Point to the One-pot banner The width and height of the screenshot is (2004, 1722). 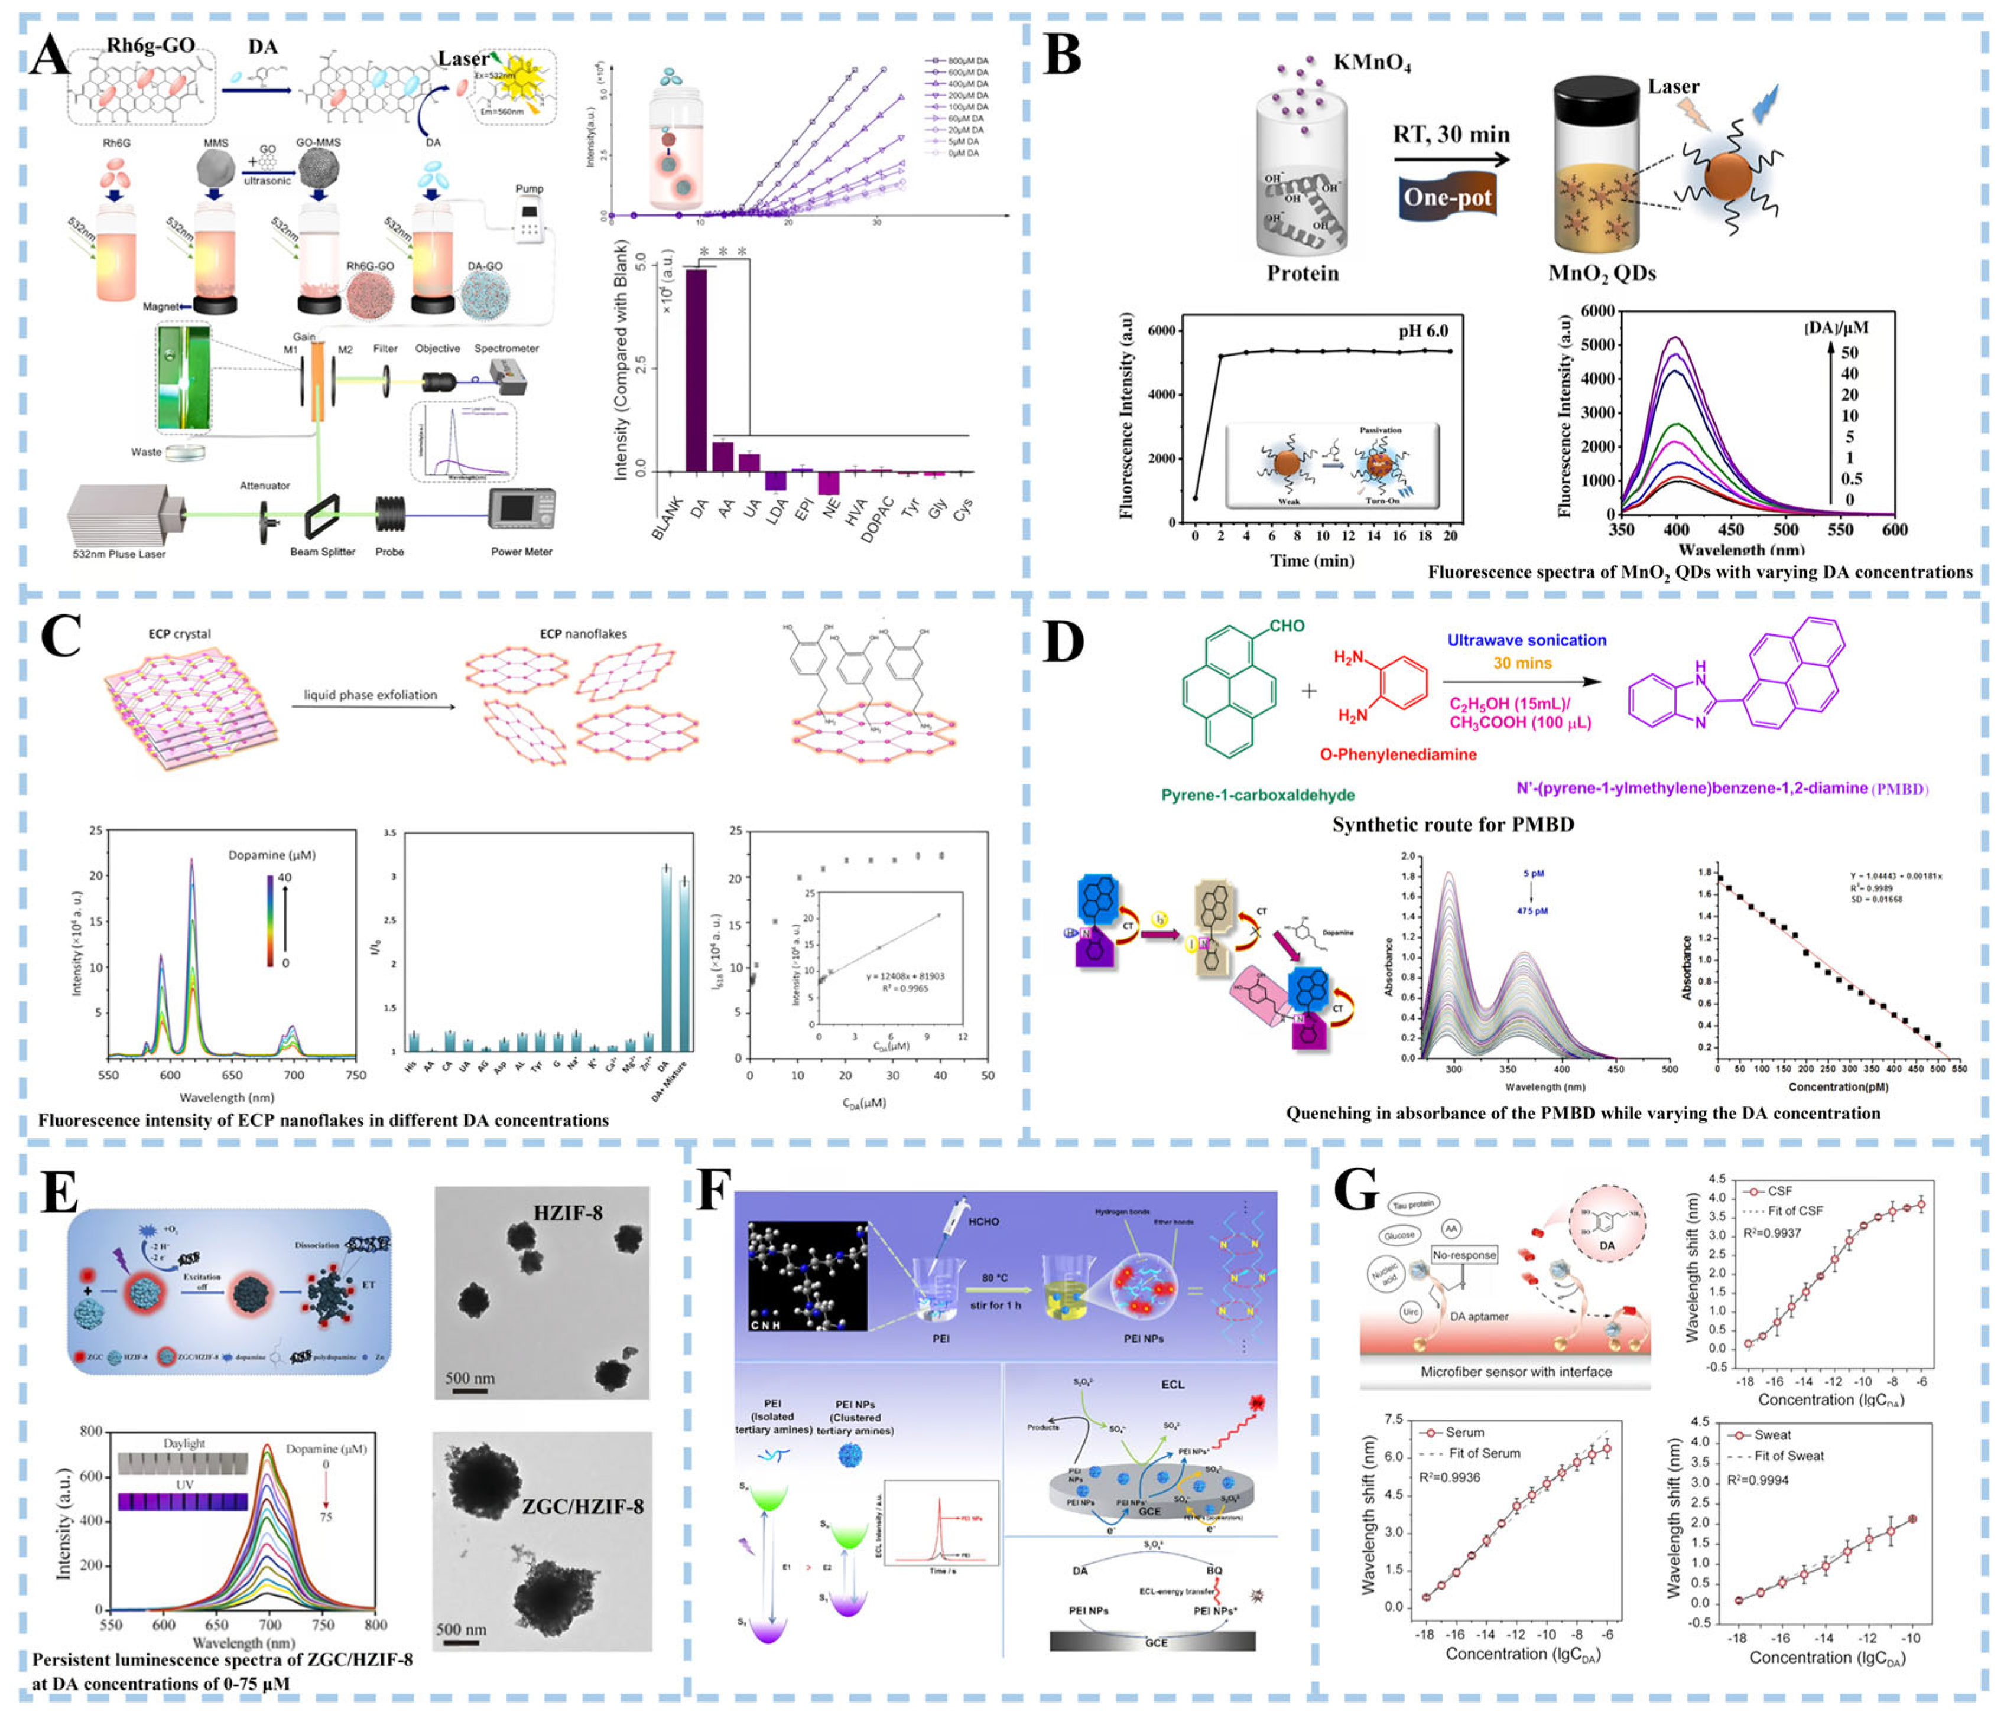tap(1447, 198)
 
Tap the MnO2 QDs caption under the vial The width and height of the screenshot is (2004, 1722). tap(1602, 274)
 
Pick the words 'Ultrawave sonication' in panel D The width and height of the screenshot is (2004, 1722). tap(1526, 640)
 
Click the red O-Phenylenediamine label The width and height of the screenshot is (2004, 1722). tap(1398, 754)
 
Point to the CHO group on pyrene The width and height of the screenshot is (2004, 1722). tap(1287, 627)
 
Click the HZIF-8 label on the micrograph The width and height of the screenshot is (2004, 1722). tap(568, 1212)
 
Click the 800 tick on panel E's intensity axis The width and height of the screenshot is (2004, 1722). tap(91, 1432)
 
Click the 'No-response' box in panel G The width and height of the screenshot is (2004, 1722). tap(1464, 1255)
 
